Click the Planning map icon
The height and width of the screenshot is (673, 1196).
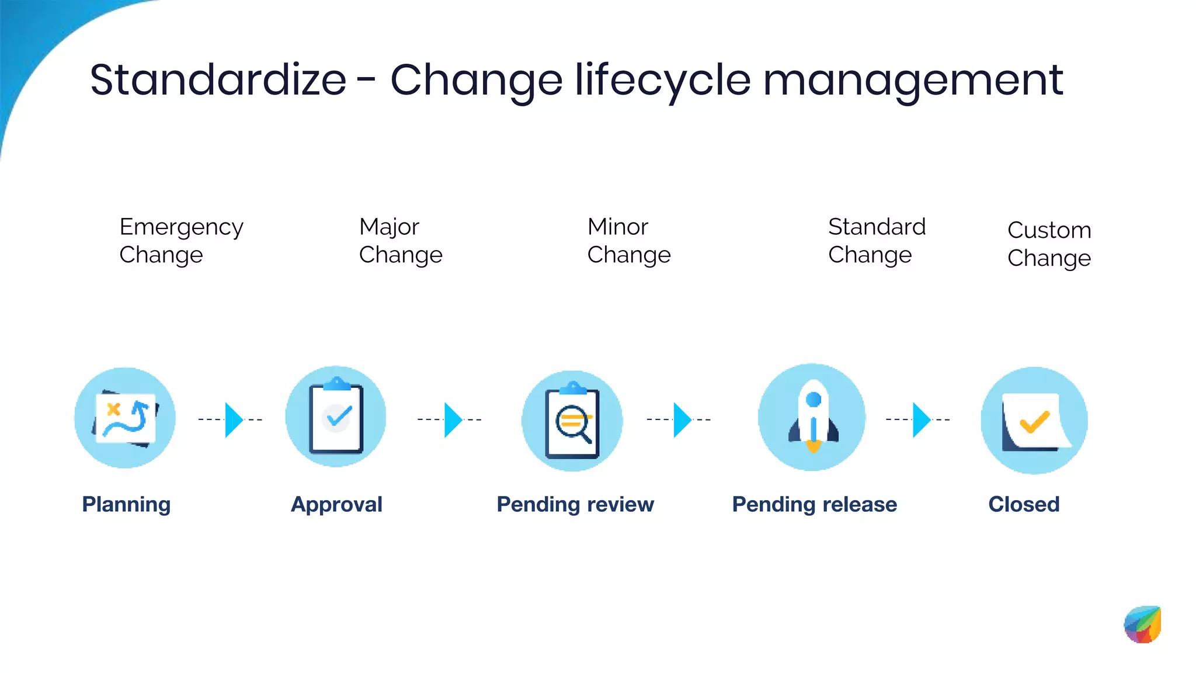click(125, 418)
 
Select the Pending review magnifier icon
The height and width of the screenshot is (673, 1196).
click(572, 421)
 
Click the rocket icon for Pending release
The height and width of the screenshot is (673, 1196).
click(812, 417)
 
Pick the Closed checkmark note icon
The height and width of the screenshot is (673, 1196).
click(1034, 421)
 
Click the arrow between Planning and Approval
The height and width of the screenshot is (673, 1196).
click(233, 419)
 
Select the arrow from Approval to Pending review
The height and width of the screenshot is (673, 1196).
click(453, 419)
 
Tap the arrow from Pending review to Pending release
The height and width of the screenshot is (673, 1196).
click(682, 419)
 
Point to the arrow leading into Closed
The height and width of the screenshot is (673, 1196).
click(921, 419)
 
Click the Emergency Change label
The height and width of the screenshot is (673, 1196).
click(181, 241)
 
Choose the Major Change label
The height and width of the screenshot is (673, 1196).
click(401, 241)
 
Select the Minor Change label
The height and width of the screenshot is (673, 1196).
click(629, 241)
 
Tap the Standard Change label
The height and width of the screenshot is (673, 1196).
click(877, 241)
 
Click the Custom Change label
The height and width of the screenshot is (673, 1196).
click(1049, 244)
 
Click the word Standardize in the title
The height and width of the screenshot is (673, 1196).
click(218, 80)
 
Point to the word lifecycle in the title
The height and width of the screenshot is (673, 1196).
click(663, 80)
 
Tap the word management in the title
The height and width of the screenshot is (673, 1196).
click(913, 80)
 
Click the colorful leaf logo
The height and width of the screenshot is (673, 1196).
click(1143, 625)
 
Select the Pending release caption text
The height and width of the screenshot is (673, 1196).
click(814, 504)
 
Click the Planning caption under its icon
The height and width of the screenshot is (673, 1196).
click(126, 504)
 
